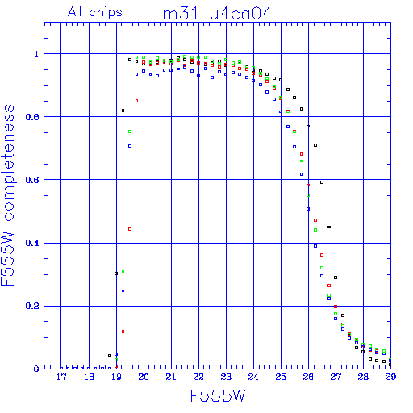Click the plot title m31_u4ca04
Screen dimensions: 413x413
pyautogui.click(x=218, y=14)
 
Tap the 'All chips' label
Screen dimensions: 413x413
pyautogui.click(x=95, y=12)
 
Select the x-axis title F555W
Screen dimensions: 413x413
pyautogui.click(x=218, y=396)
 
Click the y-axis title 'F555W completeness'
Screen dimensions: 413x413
pyautogui.click(x=8, y=195)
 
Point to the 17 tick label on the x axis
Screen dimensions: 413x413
pyautogui.click(x=61, y=377)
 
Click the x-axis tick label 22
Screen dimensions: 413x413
pyautogui.click(x=198, y=377)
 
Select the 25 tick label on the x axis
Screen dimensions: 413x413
pyautogui.click(x=281, y=377)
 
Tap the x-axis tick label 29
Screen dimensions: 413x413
pyautogui.click(x=390, y=377)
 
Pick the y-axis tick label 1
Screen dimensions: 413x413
pyautogui.click(x=36, y=54)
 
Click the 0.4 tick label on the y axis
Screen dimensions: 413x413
pyautogui.click(x=32, y=243)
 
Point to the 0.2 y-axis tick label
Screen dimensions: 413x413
pyautogui.click(x=32, y=306)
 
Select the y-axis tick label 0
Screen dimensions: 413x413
pyautogui.click(x=36, y=369)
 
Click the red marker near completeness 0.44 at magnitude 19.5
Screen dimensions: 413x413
pyautogui.click(x=130, y=229)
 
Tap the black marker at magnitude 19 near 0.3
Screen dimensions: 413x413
pyautogui.click(x=116, y=273)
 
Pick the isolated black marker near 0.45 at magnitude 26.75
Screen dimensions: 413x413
pyautogui.click(x=329, y=227)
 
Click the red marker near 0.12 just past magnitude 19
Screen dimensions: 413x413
pyautogui.click(x=123, y=332)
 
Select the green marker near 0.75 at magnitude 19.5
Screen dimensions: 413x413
pyautogui.click(x=130, y=131)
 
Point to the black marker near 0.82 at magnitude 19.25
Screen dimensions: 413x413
pyautogui.click(x=123, y=111)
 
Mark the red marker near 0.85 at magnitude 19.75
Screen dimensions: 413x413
pyautogui.click(x=136, y=101)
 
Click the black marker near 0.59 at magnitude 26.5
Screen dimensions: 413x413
pyautogui.click(x=322, y=182)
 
